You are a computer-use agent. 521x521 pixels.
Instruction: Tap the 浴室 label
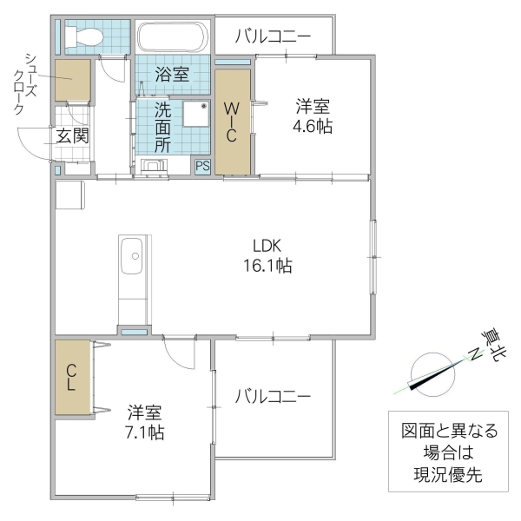(x=172, y=74)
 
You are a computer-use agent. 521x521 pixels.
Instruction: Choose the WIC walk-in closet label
(x=232, y=122)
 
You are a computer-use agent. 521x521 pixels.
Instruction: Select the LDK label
(x=267, y=246)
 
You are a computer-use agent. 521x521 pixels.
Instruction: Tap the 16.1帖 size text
(x=267, y=267)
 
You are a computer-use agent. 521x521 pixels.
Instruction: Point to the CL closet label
(x=71, y=376)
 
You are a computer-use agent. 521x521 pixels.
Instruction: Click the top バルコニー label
(x=273, y=37)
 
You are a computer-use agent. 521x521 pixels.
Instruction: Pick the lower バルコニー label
(x=272, y=396)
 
